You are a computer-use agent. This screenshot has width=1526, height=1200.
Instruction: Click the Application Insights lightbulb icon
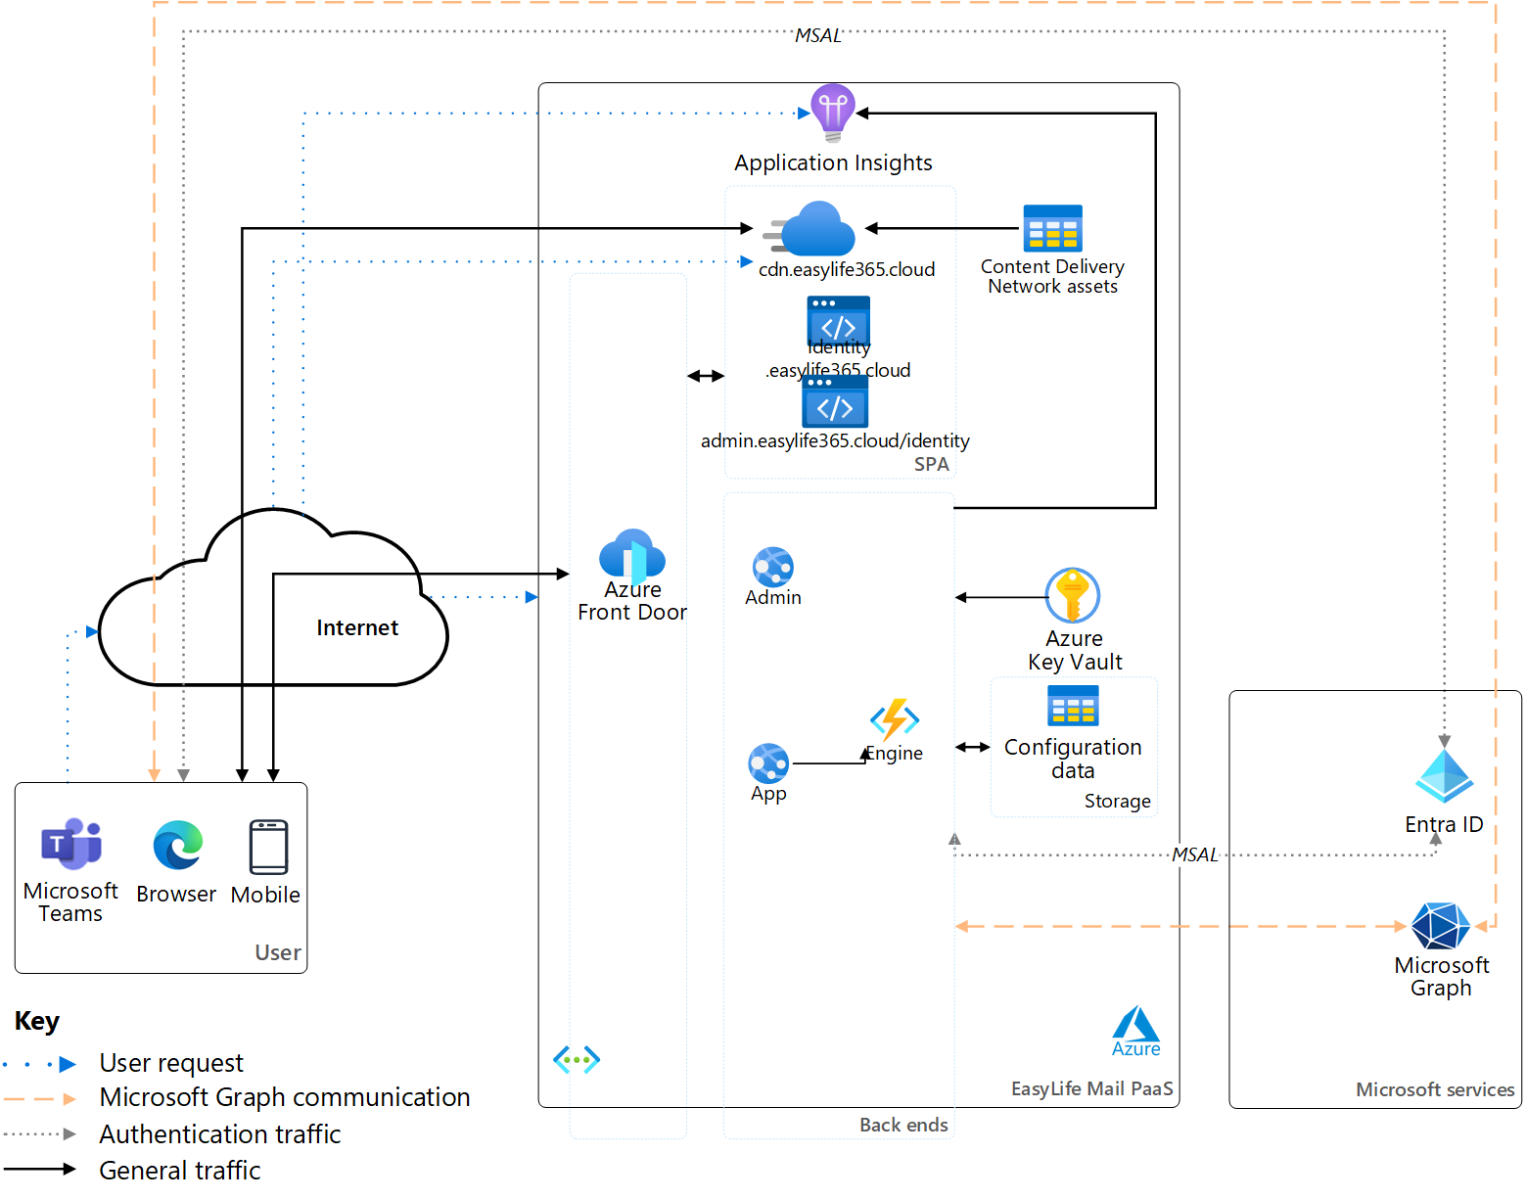[833, 113]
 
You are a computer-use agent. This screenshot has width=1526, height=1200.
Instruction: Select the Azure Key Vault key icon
[1073, 595]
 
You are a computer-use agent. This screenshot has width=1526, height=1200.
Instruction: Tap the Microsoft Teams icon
[71, 844]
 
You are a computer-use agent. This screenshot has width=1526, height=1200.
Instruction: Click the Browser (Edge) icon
[177, 845]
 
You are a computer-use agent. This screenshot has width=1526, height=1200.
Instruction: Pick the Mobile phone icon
[268, 847]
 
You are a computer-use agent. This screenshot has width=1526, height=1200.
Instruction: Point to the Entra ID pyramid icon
[1444, 776]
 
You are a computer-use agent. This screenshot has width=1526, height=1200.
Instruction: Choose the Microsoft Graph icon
[1441, 926]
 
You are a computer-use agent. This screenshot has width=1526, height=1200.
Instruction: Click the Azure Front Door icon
[632, 555]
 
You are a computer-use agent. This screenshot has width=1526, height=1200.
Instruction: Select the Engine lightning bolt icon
[895, 719]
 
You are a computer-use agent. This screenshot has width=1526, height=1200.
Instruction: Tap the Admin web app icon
[773, 567]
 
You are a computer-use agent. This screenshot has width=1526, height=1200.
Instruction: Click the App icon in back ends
[768, 763]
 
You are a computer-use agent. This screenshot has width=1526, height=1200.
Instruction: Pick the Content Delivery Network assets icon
[1052, 228]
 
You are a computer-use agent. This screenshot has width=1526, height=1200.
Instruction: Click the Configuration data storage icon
[1073, 705]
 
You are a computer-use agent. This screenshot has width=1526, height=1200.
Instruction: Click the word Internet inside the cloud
[357, 628]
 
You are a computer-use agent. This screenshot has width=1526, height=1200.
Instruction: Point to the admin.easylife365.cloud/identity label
[835, 441]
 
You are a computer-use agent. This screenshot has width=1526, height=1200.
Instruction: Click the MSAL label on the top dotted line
[817, 36]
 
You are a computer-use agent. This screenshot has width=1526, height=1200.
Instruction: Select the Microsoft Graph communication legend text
[285, 1097]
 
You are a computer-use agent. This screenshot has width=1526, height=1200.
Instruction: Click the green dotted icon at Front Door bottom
[577, 1059]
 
